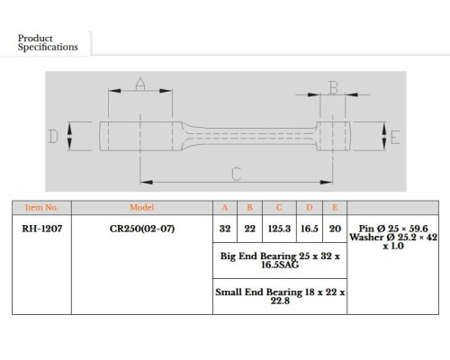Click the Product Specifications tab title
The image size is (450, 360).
click(48, 42)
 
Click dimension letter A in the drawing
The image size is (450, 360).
click(140, 84)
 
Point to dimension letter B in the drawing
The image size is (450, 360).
click(334, 87)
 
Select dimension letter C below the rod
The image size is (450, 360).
click(237, 174)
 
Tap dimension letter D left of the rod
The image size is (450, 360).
click(53, 137)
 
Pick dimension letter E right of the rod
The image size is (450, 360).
click(396, 138)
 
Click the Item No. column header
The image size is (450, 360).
click(41, 208)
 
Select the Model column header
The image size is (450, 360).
click(141, 208)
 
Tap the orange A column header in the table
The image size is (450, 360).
click(225, 208)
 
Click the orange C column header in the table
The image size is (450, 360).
click(279, 208)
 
